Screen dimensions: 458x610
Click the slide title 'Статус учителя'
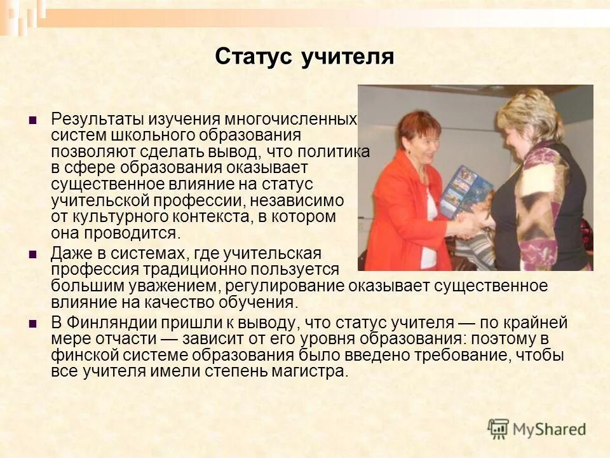(304, 57)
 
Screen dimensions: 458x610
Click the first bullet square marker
(33, 120)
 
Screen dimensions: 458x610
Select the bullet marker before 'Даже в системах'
(33, 254)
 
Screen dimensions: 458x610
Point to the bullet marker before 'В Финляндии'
(33, 323)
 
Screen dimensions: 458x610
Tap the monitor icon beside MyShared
(498, 429)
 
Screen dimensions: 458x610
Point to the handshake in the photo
(469, 224)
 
